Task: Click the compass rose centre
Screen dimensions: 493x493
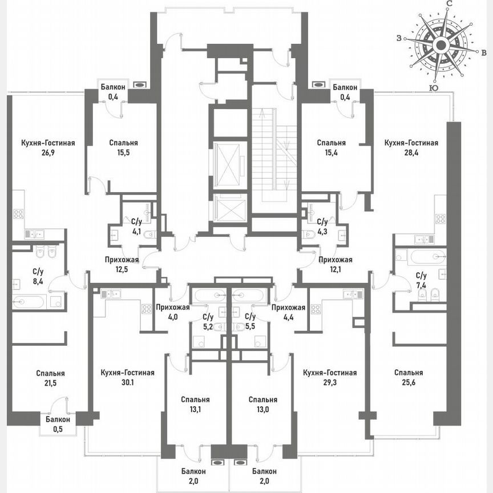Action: (440, 45)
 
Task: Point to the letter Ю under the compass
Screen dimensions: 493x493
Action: (434, 88)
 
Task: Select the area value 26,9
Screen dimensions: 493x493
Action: (49, 153)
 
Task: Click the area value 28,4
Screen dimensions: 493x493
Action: (411, 153)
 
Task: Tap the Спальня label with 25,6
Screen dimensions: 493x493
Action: (409, 373)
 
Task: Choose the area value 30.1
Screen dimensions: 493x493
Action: (127, 383)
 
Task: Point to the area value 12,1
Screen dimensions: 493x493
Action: (335, 270)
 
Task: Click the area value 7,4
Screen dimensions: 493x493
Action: (422, 285)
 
